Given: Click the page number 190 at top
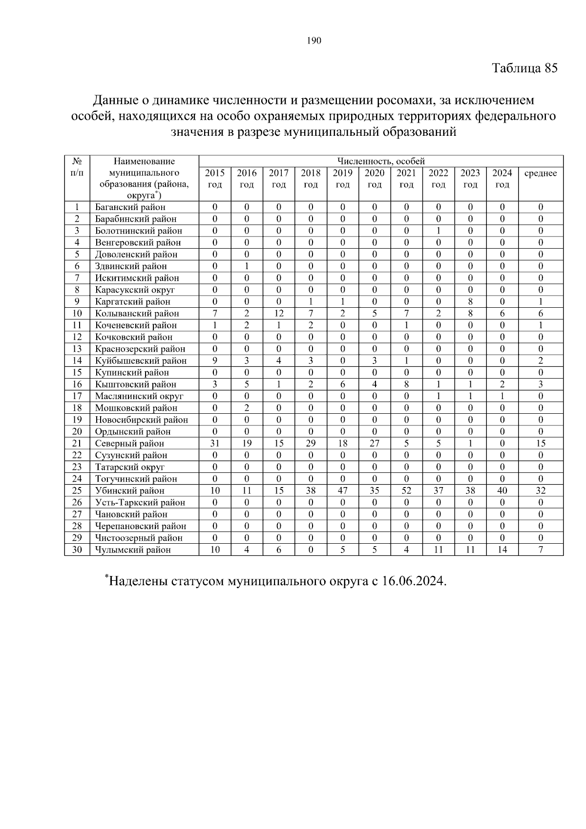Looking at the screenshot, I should [x=314, y=41].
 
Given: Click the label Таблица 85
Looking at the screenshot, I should [x=524, y=68].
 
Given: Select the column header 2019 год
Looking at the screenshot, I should [x=342, y=179].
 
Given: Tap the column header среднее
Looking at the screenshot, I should [x=540, y=173].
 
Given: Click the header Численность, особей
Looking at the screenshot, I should [x=381, y=161].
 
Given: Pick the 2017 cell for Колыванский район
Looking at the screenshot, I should [x=279, y=314].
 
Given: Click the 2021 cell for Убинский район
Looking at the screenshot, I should [x=406, y=491].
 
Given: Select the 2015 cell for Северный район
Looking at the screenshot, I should [x=215, y=444].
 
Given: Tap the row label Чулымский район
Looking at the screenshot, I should [x=133, y=550].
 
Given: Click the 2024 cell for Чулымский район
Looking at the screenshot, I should [x=502, y=550].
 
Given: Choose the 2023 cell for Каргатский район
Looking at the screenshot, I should [x=470, y=302].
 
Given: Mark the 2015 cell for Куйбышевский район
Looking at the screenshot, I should [x=215, y=361].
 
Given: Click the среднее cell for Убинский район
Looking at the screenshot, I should [x=540, y=491].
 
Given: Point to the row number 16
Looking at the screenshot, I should [x=77, y=384].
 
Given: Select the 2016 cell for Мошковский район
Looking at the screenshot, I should [x=247, y=408].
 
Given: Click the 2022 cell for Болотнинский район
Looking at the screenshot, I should [x=439, y=231].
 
